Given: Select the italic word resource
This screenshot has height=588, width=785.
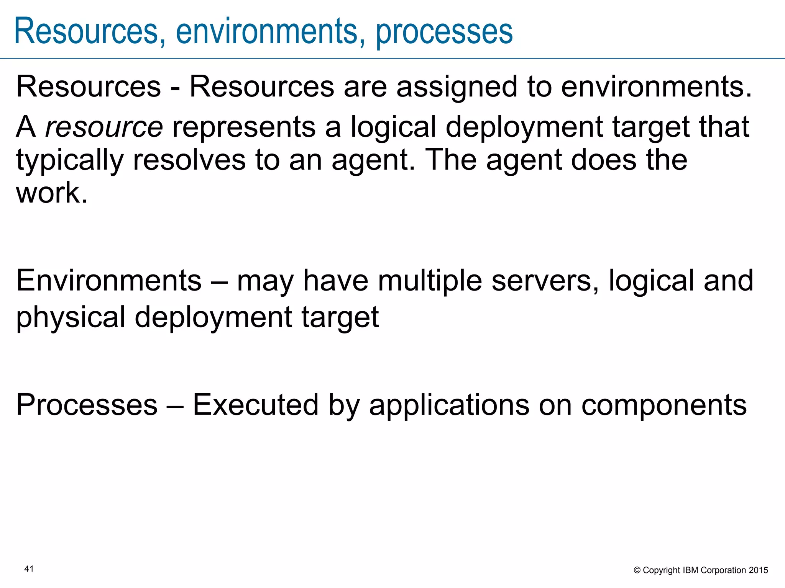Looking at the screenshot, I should coord(104,127).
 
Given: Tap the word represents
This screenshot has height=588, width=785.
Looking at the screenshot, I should coord(244,127).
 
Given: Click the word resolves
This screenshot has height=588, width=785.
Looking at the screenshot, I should coord(189,160).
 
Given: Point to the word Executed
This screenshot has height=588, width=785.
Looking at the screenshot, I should coord(255,405).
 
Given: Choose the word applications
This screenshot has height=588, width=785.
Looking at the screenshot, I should coord(449,405).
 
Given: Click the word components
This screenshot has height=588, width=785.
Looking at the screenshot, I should coord(664,405).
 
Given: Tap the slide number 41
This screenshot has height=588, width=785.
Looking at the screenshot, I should coord(29,569).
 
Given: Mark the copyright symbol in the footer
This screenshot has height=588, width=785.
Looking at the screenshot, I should coord(637,570).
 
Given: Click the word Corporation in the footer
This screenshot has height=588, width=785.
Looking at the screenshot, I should coord(723,570).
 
